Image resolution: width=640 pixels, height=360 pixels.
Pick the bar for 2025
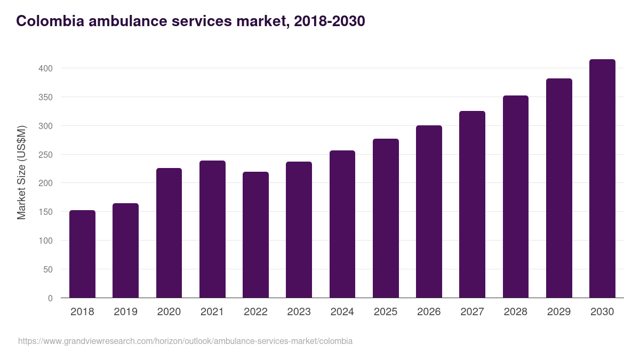pos(386,218)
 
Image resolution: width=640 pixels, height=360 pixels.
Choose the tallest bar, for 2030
pos(602,179)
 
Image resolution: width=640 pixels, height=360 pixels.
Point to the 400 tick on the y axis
pos(46,68)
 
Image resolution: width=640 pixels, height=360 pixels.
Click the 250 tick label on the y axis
pos(46,155)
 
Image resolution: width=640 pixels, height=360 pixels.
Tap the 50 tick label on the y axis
pos(48,269)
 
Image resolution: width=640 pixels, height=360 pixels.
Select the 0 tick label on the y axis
pos(50,298)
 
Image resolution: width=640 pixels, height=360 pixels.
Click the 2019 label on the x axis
pos(125,311)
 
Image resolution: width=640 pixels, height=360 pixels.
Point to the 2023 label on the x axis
pos(299,311)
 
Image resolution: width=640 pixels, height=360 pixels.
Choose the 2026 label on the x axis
pos(429,311)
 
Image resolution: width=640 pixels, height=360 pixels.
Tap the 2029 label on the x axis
pos(559,311)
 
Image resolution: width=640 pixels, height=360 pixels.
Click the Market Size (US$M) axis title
pos(21,172)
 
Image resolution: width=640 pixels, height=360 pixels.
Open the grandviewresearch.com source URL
pos(185,341)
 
